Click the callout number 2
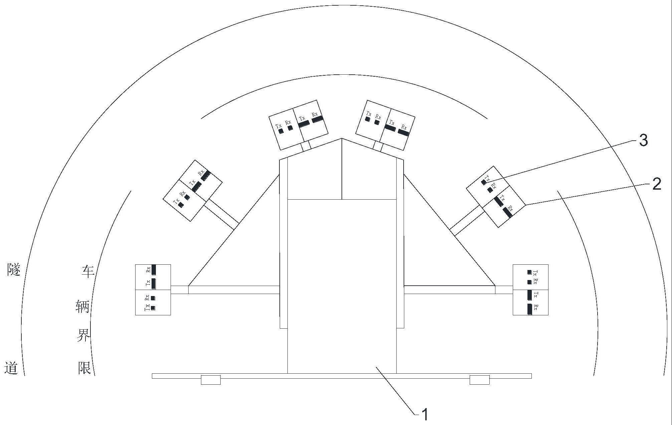(657, 184)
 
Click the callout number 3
(643, 140)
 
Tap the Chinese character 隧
(14, 269)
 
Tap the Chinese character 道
(11, 368)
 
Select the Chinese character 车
(88, 271)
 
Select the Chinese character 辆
(83, 306)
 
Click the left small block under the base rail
(211, 380)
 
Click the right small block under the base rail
(479, 380)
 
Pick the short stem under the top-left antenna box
(306, 146)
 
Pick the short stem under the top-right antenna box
(378, 146)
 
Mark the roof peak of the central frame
(342, 138)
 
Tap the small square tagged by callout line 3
(483, 182)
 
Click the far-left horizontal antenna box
(153, 290)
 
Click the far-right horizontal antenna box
(530, 290)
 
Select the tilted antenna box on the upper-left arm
(193, 190)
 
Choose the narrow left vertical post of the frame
(283, 243)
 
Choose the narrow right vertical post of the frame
(400, 243)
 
